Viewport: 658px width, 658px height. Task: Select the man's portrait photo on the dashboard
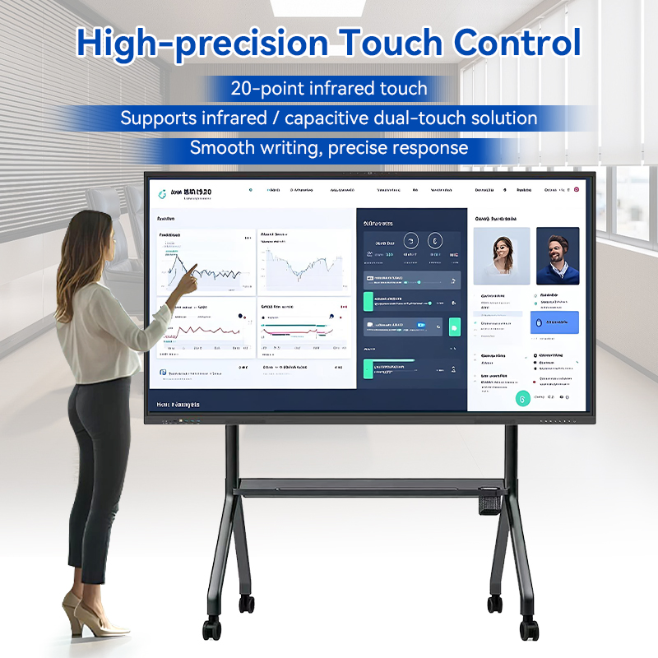(x=558, y=256)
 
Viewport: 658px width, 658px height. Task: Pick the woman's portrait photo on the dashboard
(x=501, y=255)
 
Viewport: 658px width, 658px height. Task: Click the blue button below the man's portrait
(x=556, y=322)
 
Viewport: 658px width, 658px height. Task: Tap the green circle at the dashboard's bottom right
(x=521, y=398)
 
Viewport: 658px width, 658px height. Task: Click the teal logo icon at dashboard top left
(x=161, y=193)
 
